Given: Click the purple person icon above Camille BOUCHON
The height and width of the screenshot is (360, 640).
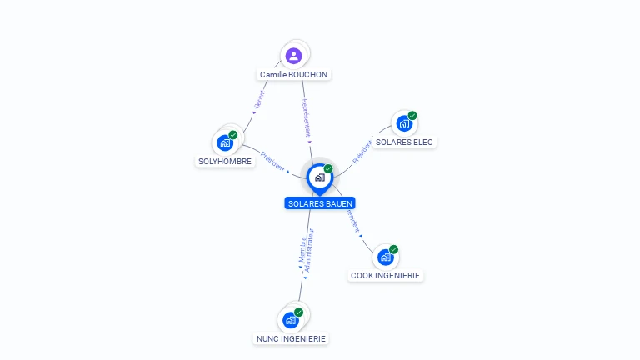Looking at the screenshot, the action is click(x=293, y=56).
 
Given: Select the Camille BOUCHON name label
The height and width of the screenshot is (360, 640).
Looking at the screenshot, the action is click(x=293, y=75).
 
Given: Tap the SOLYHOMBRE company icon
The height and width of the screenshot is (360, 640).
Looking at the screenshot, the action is click(x=225, y=143).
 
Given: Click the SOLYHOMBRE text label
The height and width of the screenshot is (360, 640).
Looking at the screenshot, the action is click(x=225, y=161).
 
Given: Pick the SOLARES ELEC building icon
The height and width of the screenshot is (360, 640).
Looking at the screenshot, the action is click(x=404, y=123).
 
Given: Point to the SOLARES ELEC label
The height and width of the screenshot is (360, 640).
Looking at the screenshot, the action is click(x=404, y=142).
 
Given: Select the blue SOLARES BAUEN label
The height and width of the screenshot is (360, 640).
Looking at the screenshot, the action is click(x=320, y=203).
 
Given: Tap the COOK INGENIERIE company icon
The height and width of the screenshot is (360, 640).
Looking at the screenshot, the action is click(x=385, y=257).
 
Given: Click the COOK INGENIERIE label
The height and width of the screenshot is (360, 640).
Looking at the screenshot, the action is click(x=385, y=276).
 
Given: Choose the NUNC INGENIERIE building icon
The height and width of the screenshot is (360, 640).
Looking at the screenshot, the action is click(x=291, y=320).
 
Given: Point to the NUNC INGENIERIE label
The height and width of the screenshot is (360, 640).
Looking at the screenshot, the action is click(x=291, y=339).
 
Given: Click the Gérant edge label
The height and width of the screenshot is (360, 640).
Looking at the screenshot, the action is click(x=259, y=100).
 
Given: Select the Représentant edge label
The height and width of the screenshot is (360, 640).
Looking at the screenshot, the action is click(x=306, y=118).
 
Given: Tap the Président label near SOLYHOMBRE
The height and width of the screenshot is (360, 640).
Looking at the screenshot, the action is click(x=272, y=161).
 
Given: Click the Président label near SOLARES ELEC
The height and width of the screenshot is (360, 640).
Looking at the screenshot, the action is click(x=362, y=152).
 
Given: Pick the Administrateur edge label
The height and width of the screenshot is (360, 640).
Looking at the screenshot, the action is click(x=309, y=250).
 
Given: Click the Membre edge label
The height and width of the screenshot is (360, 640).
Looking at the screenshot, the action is click(x=302, y=249).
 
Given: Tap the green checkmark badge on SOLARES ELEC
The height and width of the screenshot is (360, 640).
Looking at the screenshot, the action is click(x=412, y=116).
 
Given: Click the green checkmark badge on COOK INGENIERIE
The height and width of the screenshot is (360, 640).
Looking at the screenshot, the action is click(x=393, y=249).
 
